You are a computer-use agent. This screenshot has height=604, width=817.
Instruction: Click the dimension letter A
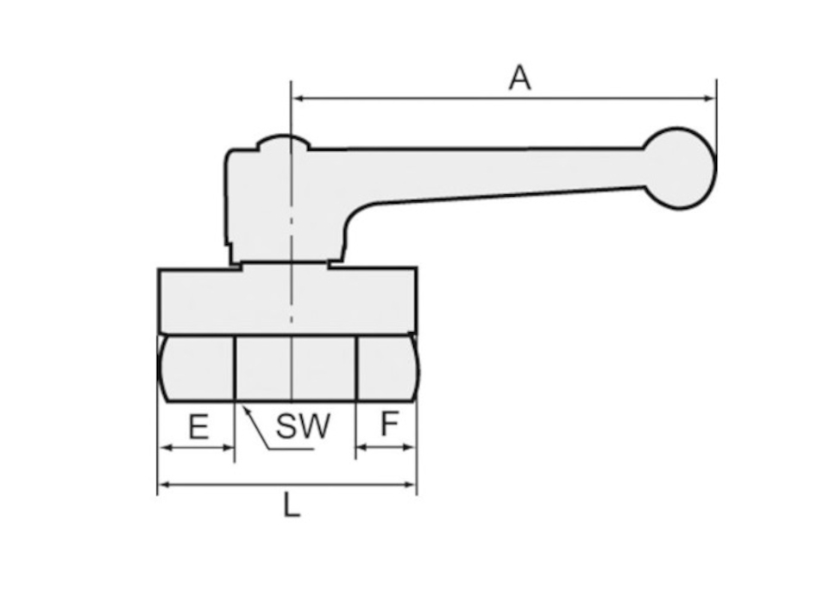tap(519, 79)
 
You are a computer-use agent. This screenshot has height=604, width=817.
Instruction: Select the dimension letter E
tap(198, 426)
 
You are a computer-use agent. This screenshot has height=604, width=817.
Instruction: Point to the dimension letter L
tap(292, 505)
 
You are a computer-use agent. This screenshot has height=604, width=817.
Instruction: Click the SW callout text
tap(303, 425)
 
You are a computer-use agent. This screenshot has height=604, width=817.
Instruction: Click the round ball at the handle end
tap(680, 168)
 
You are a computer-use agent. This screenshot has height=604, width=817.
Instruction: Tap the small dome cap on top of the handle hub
tap(284, 142)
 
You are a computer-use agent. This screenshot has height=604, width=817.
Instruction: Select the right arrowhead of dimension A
tap(710, 98)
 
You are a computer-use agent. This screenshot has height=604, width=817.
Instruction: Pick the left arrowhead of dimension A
tap(299, 98)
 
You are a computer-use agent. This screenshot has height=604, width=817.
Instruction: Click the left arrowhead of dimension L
tap(165, 485)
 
